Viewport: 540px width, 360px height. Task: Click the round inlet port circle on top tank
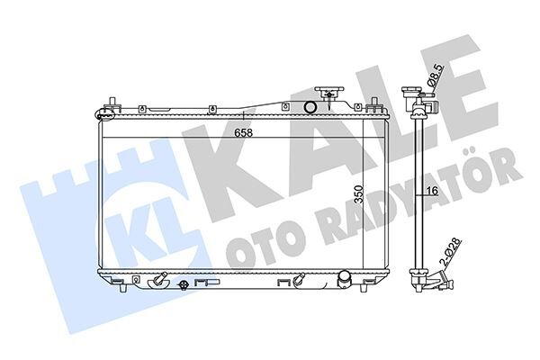pos(310,109)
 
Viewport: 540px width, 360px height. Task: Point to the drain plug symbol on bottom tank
pos(184,286)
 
